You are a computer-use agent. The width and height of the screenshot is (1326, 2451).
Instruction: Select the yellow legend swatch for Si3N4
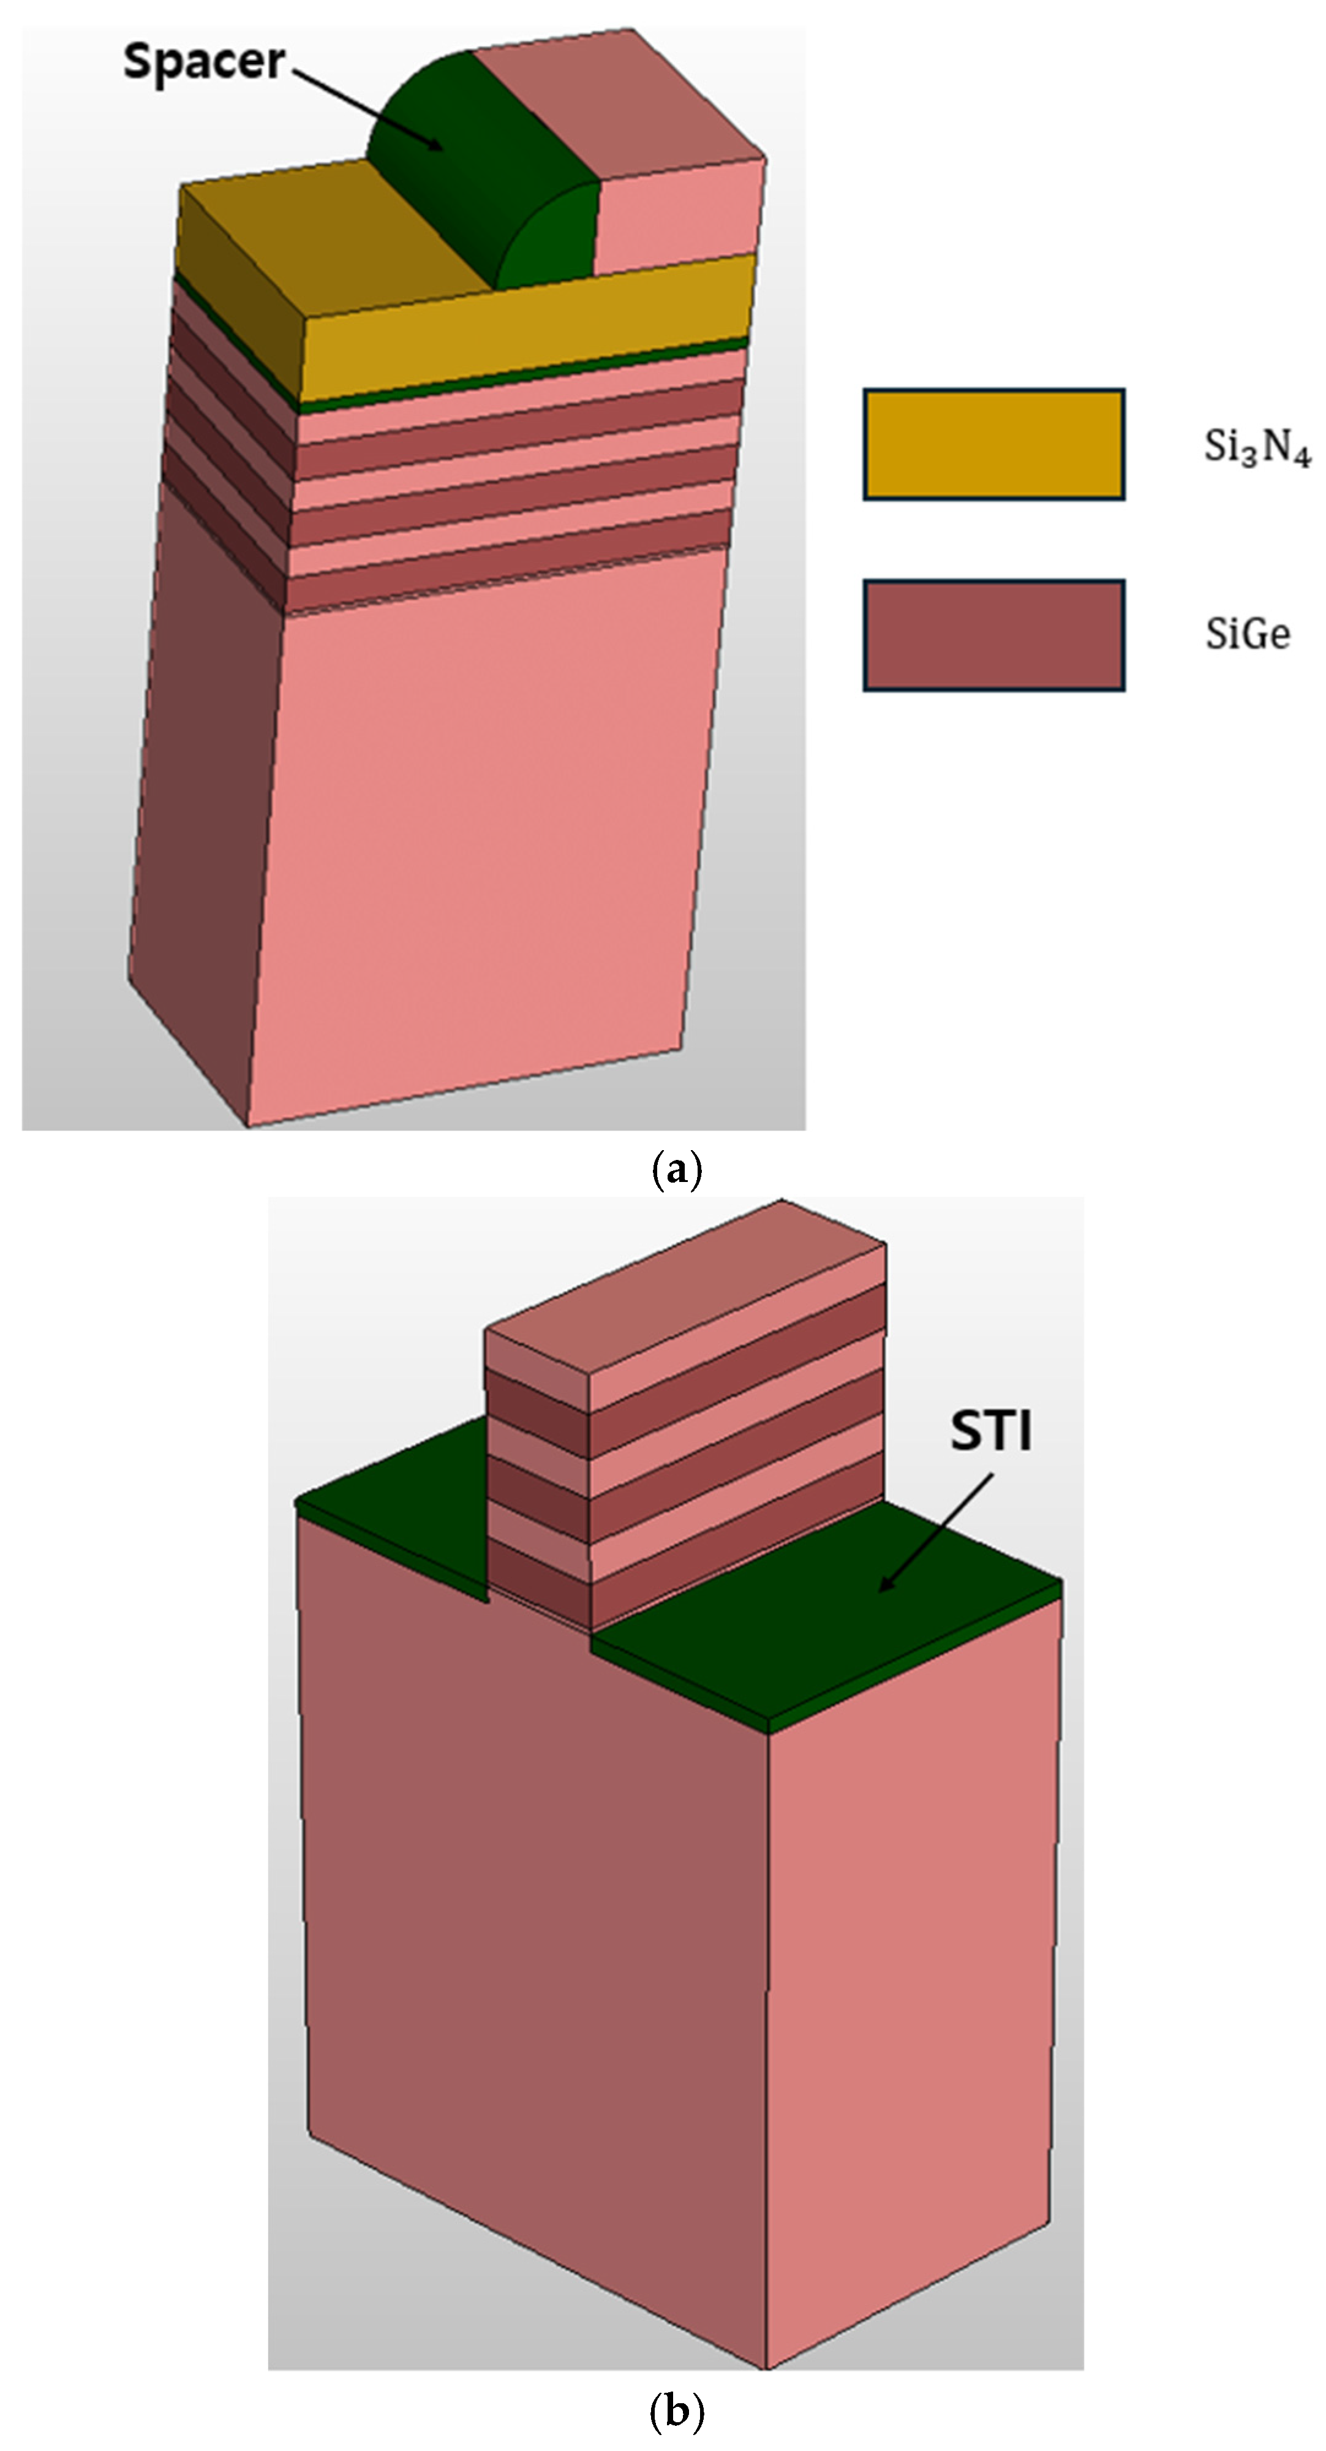(994, 444)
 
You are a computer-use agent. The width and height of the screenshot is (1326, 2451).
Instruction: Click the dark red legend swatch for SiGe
(994, 635)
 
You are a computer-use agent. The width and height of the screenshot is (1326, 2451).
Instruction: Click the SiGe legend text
(1248, 634)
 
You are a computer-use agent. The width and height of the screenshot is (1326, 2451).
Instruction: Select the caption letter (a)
(678, 1169)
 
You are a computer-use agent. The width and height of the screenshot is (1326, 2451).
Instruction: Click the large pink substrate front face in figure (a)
(485, 828)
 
